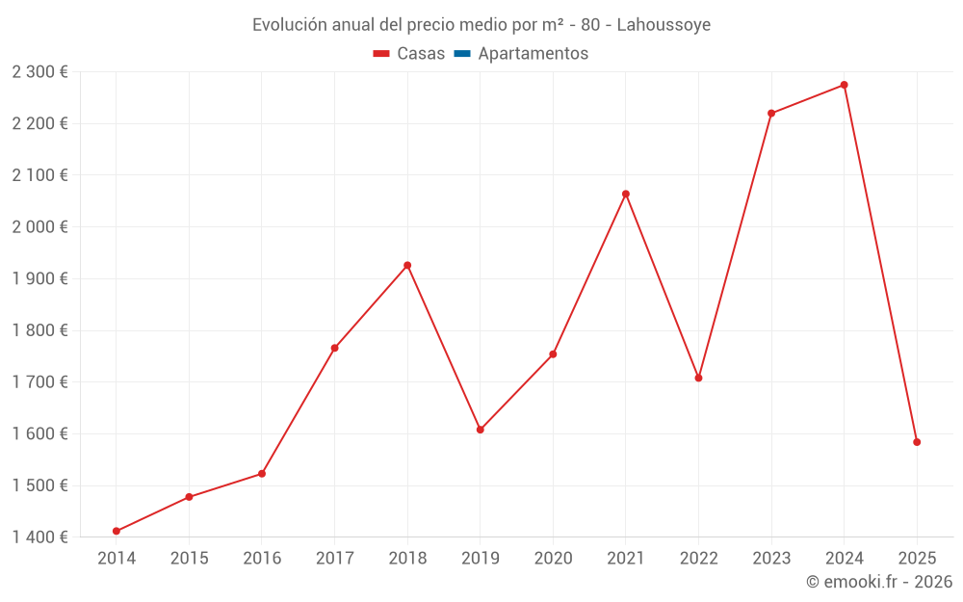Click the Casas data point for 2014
117,531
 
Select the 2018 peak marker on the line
407,265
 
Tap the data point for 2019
481,430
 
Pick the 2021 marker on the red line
626,194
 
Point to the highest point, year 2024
845,85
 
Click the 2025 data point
917,442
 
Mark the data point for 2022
699,378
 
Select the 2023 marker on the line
771,113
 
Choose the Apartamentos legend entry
533,54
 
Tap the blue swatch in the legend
461,54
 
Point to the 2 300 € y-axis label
39,71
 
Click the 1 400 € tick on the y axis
39,537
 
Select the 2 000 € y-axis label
39,226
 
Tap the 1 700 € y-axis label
39,381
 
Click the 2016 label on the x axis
262,558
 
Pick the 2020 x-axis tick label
553,558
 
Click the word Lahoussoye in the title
664,25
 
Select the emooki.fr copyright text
879,582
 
